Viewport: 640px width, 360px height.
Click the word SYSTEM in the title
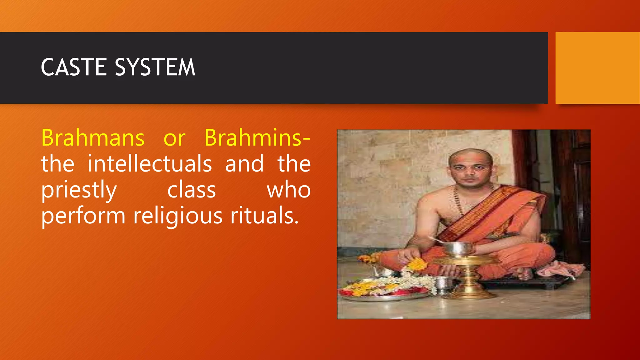pos(155,67)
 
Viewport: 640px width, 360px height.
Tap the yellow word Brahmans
pos(93,138)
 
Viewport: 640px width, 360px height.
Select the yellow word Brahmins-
pos(257,138)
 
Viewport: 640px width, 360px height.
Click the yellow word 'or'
pos(174,138)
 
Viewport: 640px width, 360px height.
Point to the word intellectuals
pos(149,164)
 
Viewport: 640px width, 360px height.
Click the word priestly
pos(79,190)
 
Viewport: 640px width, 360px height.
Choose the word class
pos(191,190)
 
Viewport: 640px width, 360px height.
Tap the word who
pos(288,190)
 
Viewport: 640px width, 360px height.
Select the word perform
pos(83,216)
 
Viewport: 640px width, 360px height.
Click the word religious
pos(178,216)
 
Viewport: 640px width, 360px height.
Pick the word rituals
pos(264,216)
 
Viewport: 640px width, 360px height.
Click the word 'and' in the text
pos(244,164)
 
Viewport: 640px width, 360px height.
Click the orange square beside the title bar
pos(597,68)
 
